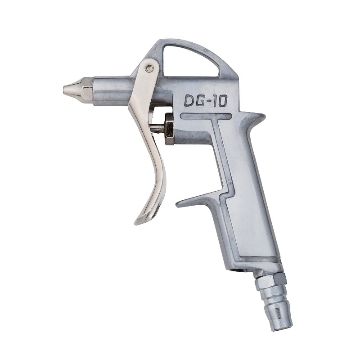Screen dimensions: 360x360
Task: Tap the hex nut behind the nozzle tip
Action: (87, 90)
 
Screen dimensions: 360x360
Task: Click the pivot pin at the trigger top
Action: (149, 67)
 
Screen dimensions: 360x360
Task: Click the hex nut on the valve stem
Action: (169, 129)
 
